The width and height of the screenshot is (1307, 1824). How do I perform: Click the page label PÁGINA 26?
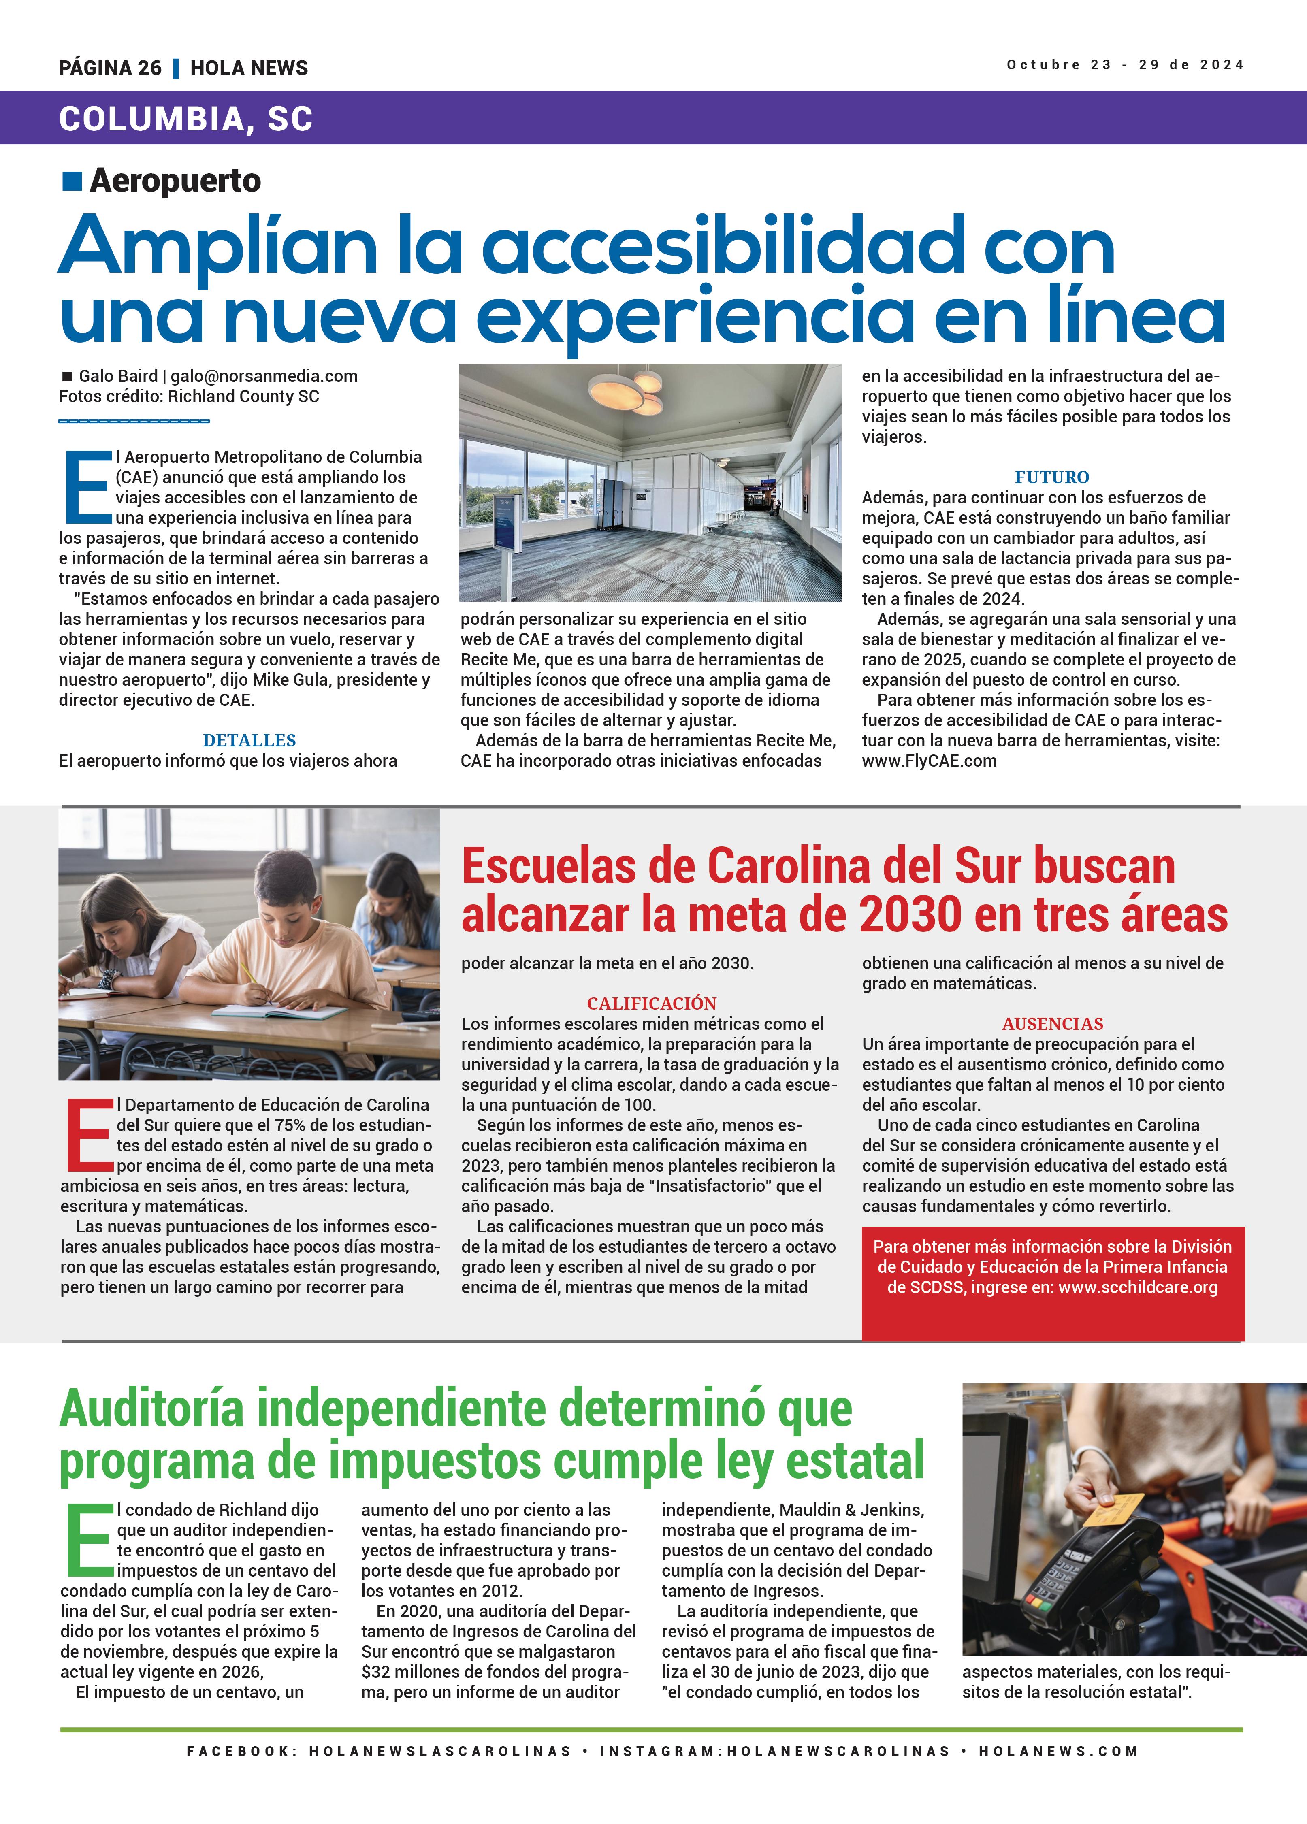pos(110,68)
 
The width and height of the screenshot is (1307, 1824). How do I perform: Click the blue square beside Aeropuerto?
pos(72,181)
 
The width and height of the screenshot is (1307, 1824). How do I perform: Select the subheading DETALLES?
pos(249,740)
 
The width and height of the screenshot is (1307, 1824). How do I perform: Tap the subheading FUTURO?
pos(1051,477)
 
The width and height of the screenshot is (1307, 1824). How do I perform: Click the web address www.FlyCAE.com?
pos(929,761)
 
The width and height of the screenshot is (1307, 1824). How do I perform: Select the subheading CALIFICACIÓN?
pos(652,1004)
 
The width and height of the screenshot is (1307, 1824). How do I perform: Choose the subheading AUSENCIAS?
pos(1052,1024)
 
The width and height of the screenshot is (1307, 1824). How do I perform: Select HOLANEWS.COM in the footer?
pos(1058,1751)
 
